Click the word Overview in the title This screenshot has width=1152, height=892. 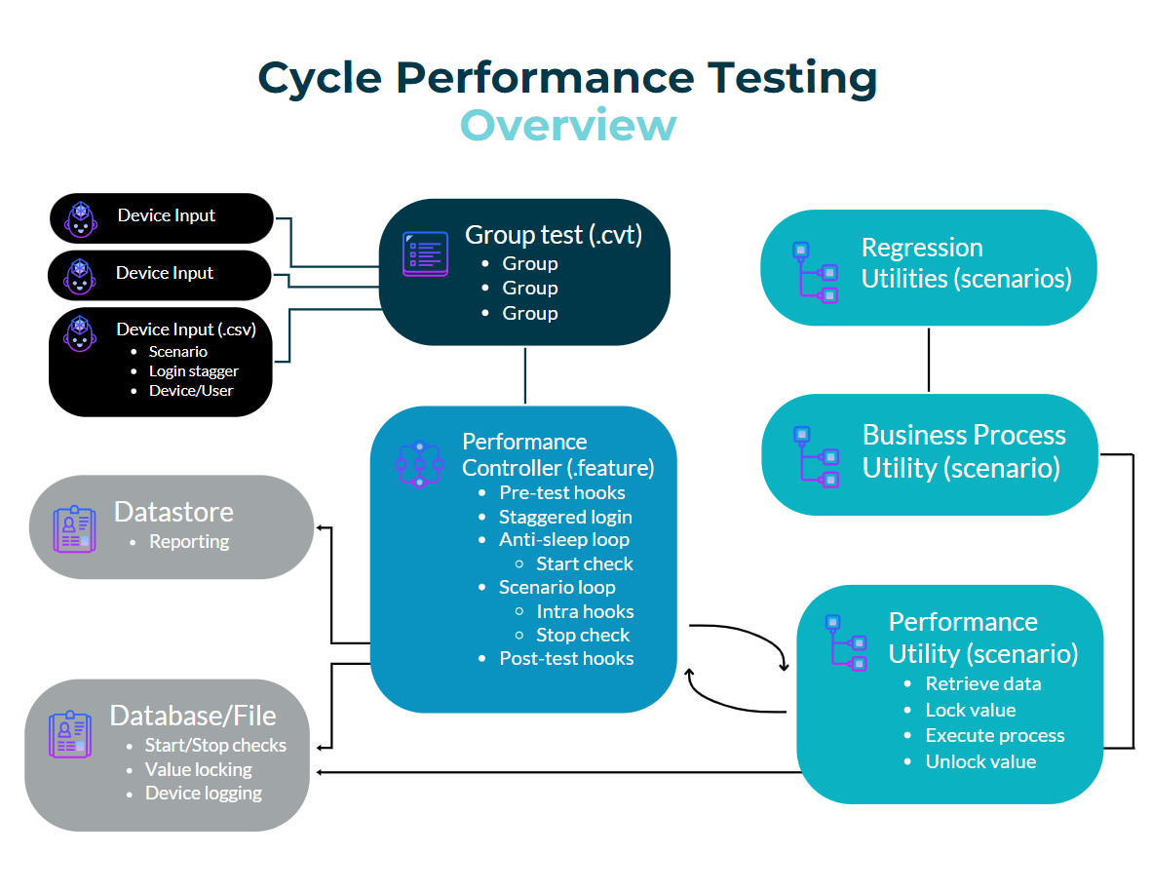pyautogui.click(x=568, y=125)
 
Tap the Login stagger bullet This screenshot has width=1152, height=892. pyautogui.click(x=194, y=371)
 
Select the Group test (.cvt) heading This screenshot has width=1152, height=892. pyautogui.click(x=554, y=234)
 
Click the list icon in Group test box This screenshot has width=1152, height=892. pyautogui.click(x=425, y=253)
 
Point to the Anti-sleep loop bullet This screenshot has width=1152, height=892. pyautogui.click(x=564, y=539)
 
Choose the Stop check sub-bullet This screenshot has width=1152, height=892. pyautogui.click(x=584, y=635)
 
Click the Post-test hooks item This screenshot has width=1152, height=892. pyautogui.click(x=566, y=658)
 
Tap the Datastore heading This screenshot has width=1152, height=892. pyautogui.click(x=173, y=512)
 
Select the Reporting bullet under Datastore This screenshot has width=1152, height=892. pyautogui.click(x=189, y=541)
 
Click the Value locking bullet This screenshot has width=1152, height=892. pyautogui.click(x=199, y=769)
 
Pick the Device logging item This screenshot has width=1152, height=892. pyautogui.click(x=204, y=794)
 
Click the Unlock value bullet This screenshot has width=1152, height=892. pyautogui.click(x=980, y=762)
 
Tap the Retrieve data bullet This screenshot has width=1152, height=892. pyautogui.click(x=983, y=684)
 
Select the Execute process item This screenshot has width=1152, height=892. pyautogui.click(x=995, y=735)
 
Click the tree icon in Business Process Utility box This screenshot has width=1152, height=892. pyautogui.click(x=817, y=457)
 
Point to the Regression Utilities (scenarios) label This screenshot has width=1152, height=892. pyautogui.click(x=966, y=263)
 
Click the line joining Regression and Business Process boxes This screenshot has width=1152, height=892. pyautogui.click(x=929, y=360)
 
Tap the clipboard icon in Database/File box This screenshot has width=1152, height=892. pyautogui.click(x=70, y=734)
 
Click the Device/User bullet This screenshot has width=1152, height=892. pyautogui.click(x=191, y=391)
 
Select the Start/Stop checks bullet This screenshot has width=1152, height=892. pyautogui.click(x=215, y=745)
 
